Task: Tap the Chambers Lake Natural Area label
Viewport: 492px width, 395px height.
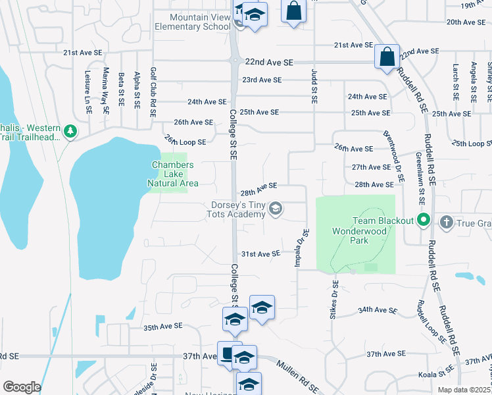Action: [173, 174]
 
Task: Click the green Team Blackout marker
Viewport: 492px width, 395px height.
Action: [424, 221]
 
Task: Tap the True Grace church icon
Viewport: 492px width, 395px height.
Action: [447, 221]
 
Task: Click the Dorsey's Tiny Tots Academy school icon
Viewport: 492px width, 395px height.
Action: [276, 209]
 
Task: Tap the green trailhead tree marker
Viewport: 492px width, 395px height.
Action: [70, 132]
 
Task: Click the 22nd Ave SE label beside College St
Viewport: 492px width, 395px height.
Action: [268, 62]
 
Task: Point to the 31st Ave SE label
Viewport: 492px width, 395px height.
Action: [261, 253]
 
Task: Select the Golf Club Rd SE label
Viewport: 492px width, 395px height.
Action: [153, 92]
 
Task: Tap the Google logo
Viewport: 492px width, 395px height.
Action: [22, 387]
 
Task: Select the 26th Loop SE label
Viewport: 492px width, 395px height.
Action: [185, 141]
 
